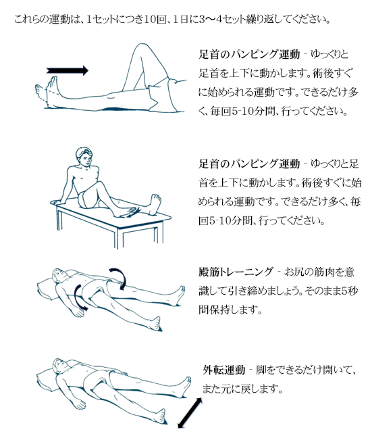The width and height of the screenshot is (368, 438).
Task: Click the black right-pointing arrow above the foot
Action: pyautogui.click(x=68, y=70)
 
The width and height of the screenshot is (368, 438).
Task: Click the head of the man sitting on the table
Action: pyautogui.click(x=84, y=156)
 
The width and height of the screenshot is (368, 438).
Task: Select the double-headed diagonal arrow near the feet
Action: pyautogui.click(x=190, y=413)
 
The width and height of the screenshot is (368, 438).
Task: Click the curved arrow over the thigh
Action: pyautogui.click(x=120, y=277)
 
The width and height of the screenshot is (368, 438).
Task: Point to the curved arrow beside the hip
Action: pyautogui.click(x=78, y=298)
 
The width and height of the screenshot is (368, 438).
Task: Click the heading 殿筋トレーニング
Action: pyautogui.click(x=236, y=272)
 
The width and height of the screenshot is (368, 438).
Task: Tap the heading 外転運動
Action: pyautogui.click(x=224, y=370)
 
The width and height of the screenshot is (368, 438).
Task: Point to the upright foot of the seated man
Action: pyautogui.click(x=154, y=204)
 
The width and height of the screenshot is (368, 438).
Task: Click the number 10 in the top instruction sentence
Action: pyautogui.click(x=151, y=20)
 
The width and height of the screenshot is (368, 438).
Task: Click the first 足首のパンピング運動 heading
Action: pyautogui.click(x=249, y=54)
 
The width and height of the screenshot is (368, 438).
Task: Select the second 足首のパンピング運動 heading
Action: pyautogui.click(x=249, y=164)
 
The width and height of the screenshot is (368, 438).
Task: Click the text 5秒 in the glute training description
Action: pyautogui.click(x=350, y=291)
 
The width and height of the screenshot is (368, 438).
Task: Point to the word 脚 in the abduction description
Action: pyautogui.click(x=261, y=370)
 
